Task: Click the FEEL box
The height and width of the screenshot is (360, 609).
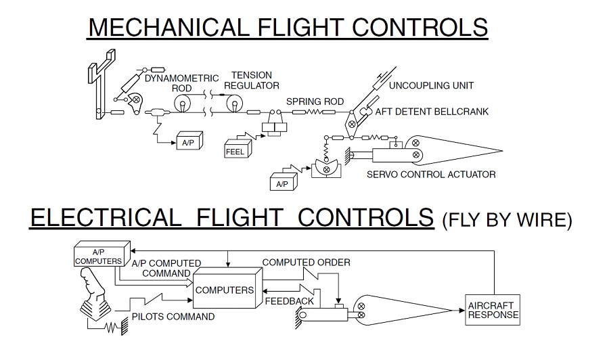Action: [238, 148]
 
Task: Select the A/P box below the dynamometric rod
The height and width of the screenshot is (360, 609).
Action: [189, 141]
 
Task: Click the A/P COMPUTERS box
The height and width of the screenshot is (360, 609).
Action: [101, 254]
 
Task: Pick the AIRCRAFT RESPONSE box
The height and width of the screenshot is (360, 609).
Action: [493, 309]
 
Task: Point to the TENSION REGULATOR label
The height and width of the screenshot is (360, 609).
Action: [252, 81]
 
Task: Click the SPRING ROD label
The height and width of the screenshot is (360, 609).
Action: [315, 102]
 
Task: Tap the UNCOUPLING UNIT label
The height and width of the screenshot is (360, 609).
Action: [431, 85]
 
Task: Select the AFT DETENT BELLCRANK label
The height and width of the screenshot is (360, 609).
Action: [432, 112]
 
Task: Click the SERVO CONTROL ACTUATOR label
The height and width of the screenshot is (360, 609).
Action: [431, 175]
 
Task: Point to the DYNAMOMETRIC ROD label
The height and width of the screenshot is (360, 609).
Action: [182, 83]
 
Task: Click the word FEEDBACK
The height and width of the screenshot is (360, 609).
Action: [290, 301]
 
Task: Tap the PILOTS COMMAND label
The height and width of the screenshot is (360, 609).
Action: [173, 317]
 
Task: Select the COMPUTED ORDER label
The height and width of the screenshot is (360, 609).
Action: [306, 263]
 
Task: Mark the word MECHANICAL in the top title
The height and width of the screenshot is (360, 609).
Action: [168, 27]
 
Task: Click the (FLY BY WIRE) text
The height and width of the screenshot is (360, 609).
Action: [507, 220]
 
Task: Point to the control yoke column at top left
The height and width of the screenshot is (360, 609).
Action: [99, 85]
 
